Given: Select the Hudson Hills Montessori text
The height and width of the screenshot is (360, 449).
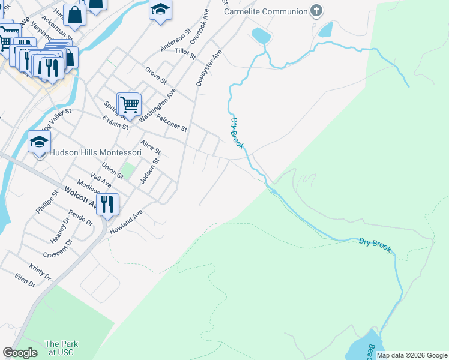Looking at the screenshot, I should (x=95, y=152).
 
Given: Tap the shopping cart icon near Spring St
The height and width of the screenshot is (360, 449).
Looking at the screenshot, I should (x=130, y=105).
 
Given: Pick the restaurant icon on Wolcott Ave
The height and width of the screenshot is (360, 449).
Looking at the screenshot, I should (x=107, y=204).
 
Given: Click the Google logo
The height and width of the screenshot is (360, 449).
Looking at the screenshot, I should (x=20, y=353).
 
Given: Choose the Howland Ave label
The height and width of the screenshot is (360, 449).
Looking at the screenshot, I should (x=126, y=221).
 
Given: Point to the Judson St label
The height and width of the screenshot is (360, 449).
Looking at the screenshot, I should (x=150, y=171).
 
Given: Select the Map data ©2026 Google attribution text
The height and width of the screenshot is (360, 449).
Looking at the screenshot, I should (x=411, y=355).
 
